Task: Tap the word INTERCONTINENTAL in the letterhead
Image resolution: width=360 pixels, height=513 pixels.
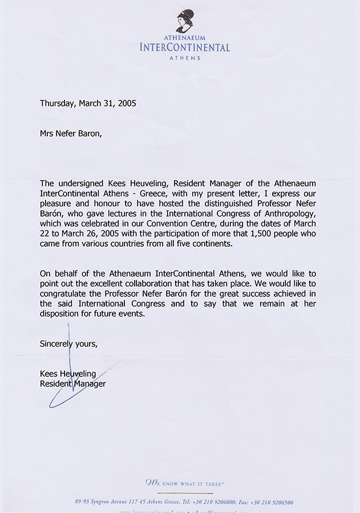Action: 185,48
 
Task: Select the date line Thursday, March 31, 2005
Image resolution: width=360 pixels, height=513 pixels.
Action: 88,104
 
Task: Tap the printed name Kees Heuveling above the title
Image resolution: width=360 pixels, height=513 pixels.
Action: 68,374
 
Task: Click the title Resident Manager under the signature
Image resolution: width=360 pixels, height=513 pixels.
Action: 72,384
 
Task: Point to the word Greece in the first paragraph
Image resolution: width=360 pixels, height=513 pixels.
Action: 145,193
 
